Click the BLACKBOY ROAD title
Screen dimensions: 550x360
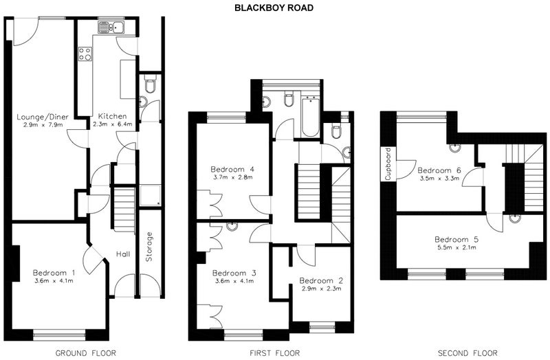[x=274, y=8]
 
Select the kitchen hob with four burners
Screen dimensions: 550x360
[x=85, y=54]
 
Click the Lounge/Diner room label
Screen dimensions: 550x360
[x=43, y=117]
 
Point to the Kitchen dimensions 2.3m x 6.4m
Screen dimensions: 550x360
[x=112, y=124]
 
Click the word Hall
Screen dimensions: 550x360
[x=123, y=254]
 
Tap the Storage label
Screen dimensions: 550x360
[x=149, y=247]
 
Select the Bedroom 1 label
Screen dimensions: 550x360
[x=54, y=273]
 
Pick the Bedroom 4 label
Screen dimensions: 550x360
[x=233, y=169]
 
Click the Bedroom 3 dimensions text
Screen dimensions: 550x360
[x=233, y=281]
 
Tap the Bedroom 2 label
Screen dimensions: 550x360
[x=321, y=281]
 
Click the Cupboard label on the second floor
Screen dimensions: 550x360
[x=388, y=164]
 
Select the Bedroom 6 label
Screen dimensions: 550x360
[x=439, y=170]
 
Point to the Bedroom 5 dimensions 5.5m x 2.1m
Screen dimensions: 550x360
[x=456, y=247]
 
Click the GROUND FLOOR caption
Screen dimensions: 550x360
[x=85, y=352]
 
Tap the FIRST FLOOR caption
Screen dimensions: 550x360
[x=274, y=352]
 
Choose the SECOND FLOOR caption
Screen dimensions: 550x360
[x=467, y=352]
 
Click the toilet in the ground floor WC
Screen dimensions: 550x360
[x=150, y=84]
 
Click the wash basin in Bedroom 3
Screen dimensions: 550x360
[x=232, y=227]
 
